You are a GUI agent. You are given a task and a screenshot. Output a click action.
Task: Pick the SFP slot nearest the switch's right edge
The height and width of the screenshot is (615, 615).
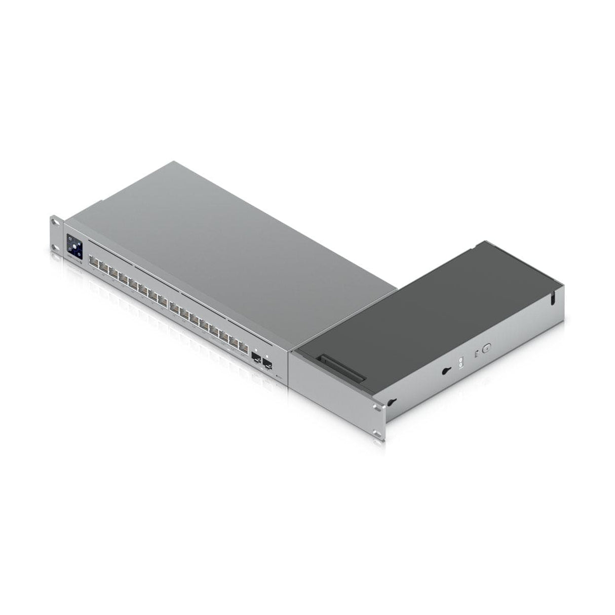(x=267, y=364)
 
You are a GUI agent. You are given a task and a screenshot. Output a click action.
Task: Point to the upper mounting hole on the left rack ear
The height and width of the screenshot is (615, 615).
(x=54, y=221)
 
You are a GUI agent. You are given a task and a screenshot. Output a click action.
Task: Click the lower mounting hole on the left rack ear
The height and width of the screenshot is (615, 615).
(x=53, y=247)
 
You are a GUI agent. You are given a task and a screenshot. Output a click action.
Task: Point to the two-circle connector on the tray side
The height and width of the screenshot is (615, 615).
(x=460, y=363)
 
